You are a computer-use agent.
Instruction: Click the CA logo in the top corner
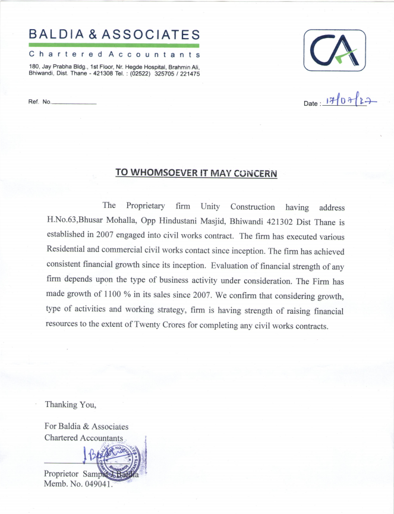pos(335,51)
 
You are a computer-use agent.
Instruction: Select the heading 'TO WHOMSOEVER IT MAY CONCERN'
pos(196,173)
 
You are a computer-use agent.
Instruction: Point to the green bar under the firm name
pos(114,45)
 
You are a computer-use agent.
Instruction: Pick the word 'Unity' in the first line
pos(210,206)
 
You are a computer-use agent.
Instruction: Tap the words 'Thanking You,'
pos(70,405)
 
